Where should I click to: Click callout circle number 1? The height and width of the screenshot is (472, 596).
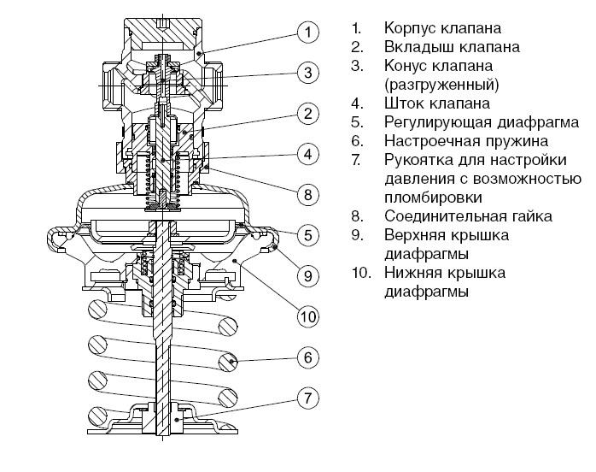pos(308,32)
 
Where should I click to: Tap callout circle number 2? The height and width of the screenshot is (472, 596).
pos(308,113)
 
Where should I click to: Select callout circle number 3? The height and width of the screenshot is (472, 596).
pos(308,73)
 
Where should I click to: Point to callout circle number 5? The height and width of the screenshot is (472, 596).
pos(308,233)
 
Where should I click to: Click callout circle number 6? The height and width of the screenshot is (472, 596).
pos(308,356)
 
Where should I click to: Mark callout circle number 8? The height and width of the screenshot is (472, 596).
pos(308,193)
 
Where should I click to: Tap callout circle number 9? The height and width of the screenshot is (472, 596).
pos(308,274)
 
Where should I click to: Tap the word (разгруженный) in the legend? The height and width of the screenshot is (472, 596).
pos(441,85)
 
